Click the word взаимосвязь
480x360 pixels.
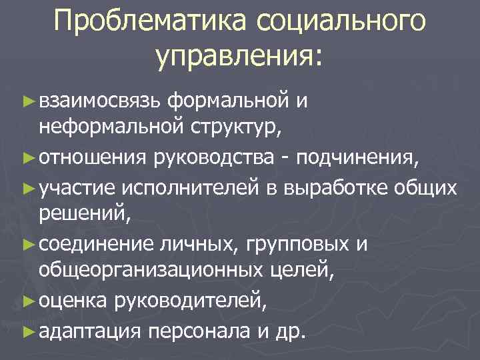(99, 101)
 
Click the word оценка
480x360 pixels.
(73, 303)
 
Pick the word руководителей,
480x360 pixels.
(192, 303)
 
